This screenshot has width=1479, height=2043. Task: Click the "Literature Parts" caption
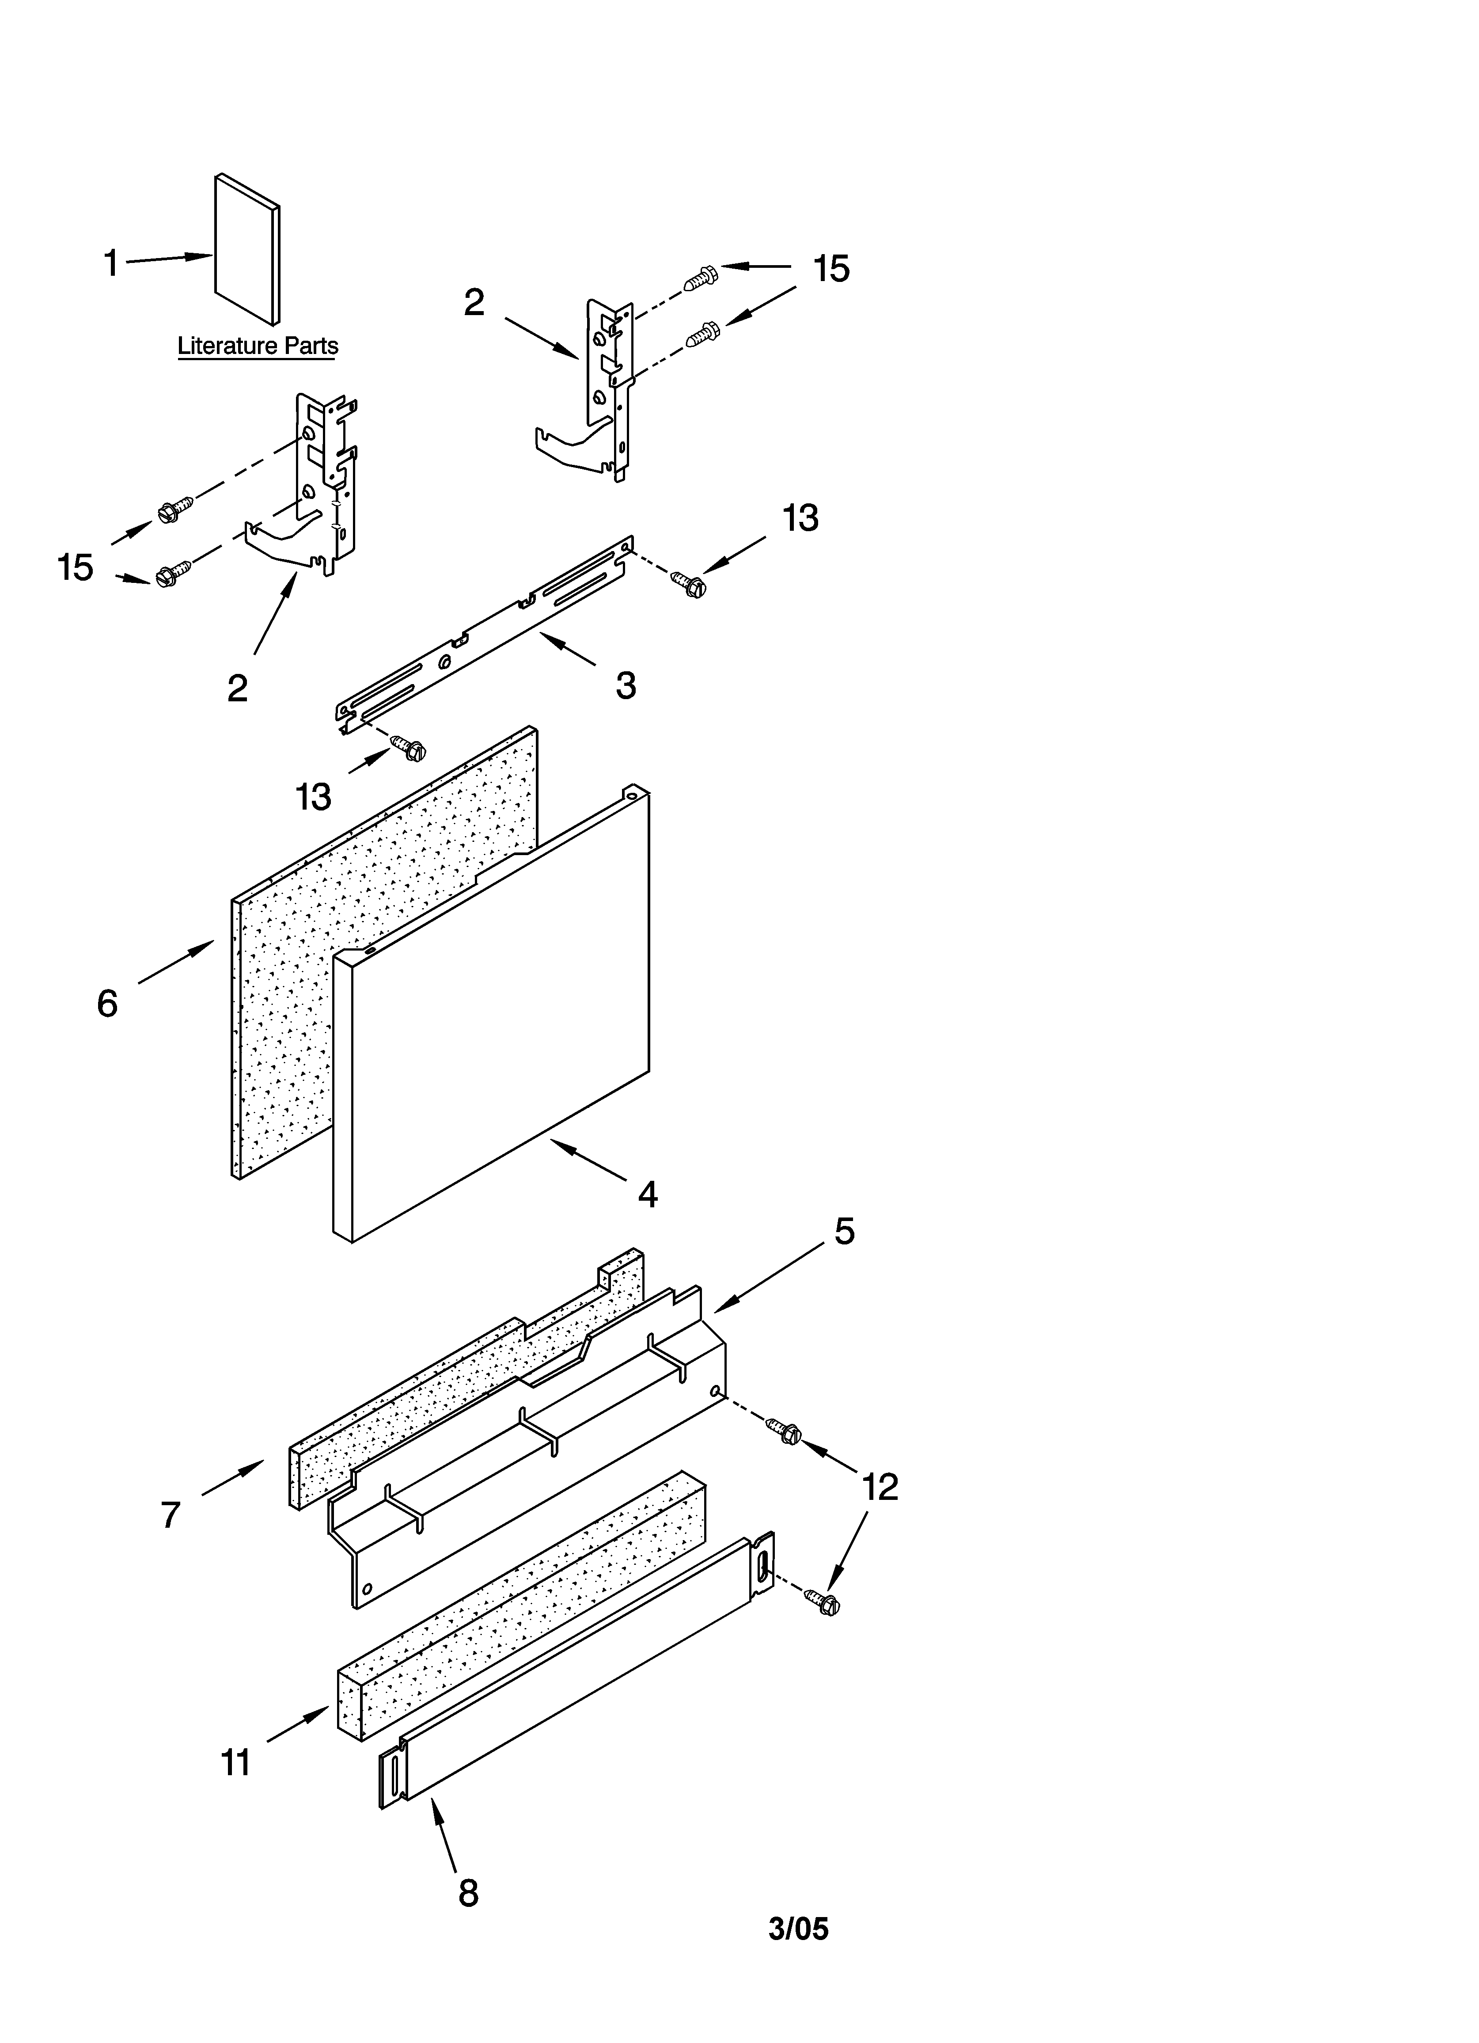tap(258, 346)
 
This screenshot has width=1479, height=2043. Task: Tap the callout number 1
tap(111, 264)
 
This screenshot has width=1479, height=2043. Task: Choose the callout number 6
tap(107, 1003)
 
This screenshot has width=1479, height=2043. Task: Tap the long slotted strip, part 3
tap(486, 631)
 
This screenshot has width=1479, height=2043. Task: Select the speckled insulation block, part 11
tap(523, 1613)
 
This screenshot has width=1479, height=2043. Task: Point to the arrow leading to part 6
tap(176, 961)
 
